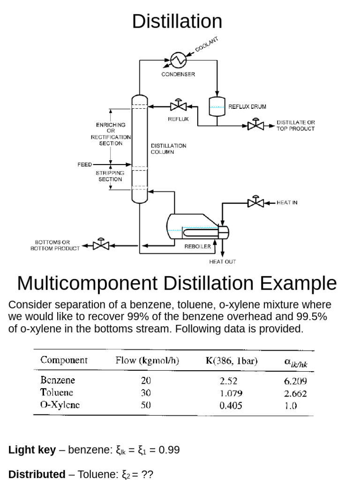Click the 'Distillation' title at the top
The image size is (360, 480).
[x=177, y=22]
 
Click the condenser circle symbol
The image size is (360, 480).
[x=178, y=60]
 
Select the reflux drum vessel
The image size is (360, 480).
[x=217, y=106]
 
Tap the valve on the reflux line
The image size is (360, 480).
[x=178, y=105]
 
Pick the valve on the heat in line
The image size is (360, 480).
[x=255, y=202]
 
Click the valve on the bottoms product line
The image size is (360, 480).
[x=101, y=245]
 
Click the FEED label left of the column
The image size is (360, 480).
[x=85, y=165]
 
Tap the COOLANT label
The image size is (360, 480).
[x=206, y=45]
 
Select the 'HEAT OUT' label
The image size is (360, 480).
[x=223, y=262]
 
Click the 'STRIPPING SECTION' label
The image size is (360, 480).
[x=111, y=176]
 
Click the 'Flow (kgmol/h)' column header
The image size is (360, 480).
[x=147, y=360]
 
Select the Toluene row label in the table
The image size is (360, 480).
[x=57, y=392]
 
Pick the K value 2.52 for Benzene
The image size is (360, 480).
[x=229, y=381]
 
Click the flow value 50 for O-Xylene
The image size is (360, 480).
[x=146, y=405]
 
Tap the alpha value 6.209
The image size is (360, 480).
[x=295, y=381]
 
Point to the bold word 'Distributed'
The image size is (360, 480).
[x=37, y=474]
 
